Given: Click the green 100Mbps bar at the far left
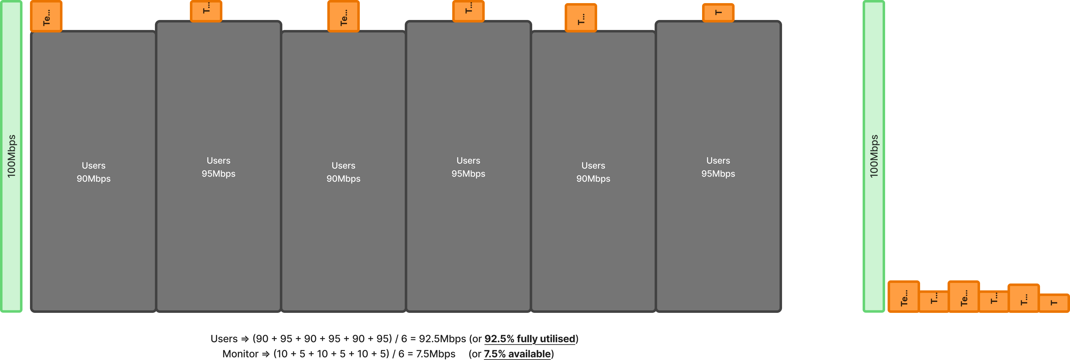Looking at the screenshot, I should click(x=11, y=156).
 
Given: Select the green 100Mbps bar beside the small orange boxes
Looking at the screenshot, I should click(x=874, y=156).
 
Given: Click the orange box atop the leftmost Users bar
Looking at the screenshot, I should click(x=46, y=17).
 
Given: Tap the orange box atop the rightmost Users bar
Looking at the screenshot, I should click(x=718, y=12).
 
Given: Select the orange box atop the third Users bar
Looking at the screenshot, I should click(x=344, y=17).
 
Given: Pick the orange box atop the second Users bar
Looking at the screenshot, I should click(x=206, y=11).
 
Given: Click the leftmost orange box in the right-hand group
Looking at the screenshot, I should click(x=904, y=297).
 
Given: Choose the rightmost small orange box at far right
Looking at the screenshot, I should click(x=1054, y=303).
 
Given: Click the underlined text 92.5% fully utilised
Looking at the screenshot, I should click(x=530, y=339).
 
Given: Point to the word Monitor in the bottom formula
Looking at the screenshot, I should click(x=240, y=354).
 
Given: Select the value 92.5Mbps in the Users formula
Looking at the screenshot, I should click(x=442, y=339).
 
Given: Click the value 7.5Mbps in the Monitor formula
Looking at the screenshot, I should click(x=435, y=354).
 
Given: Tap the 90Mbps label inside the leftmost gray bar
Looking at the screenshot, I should click(x=93, y=179).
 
